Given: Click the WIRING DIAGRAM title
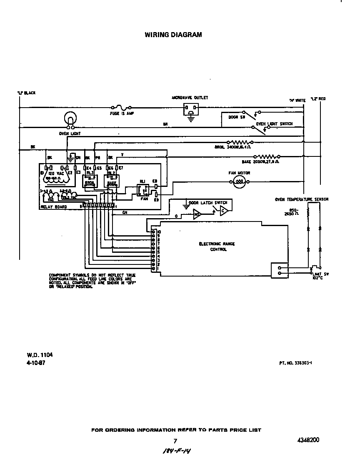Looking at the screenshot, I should (173, 35).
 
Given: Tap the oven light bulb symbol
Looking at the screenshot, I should (70, 119).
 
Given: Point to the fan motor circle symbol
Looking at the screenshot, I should (239, 181).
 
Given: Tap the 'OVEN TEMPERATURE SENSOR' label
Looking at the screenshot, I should (301, 199).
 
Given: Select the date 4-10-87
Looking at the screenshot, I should (36, 362).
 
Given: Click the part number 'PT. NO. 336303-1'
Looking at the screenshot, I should (295, 363).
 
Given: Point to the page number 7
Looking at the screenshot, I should (175, 441).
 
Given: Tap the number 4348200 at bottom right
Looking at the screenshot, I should (309, 440).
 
